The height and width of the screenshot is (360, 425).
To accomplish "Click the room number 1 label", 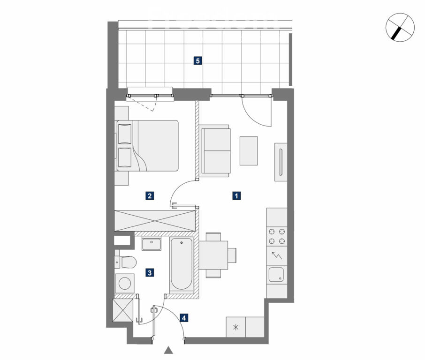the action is pyautogui.click(x=236, y=195).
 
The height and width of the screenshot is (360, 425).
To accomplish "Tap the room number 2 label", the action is pyautogui.click(x=150, y=195).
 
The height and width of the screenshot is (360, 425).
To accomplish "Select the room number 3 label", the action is pyautogui.click(x=150, y=272).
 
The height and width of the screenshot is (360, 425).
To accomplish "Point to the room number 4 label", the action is pyautogui.click(x=184, y=318).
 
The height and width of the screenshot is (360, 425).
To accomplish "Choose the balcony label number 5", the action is pyautogui.click(x=197, y=60).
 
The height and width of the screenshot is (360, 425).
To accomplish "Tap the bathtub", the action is pyautogui.click(x=182, y=264).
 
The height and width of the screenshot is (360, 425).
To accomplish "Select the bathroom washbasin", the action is pyautogui.click(x=152, y=244).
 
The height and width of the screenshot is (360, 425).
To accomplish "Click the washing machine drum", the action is pyautogui.click(x=125, y=284).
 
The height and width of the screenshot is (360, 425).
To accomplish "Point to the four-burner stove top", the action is pyautogui.click(x=277, y=236).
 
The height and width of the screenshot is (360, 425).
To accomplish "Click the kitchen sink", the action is pyautogui.click(x=276, y=275).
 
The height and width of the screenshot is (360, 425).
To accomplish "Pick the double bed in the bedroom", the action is pyautogui.click(x=147, y=145).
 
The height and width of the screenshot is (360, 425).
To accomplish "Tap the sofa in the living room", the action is pyautogui.click(x=215, y=150).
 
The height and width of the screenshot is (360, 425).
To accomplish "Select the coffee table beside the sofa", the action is pyautogui.click(x=249, y=150).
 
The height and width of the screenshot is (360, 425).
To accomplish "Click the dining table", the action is pyautogui.click(x=213, y=255).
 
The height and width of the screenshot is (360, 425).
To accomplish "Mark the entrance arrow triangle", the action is pyautogui.click(x=168, y=350).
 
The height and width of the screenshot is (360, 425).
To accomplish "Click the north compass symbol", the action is pyautogui.click(x=400, y=27).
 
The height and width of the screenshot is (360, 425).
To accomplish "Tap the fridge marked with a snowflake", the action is pyautogui.click(x=236, y=327).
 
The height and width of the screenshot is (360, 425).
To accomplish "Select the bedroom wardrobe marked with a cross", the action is pyautogui.click(x=155, y=221).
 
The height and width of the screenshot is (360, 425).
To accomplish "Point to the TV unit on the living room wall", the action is pyautogui.click(x=281, y=162).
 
